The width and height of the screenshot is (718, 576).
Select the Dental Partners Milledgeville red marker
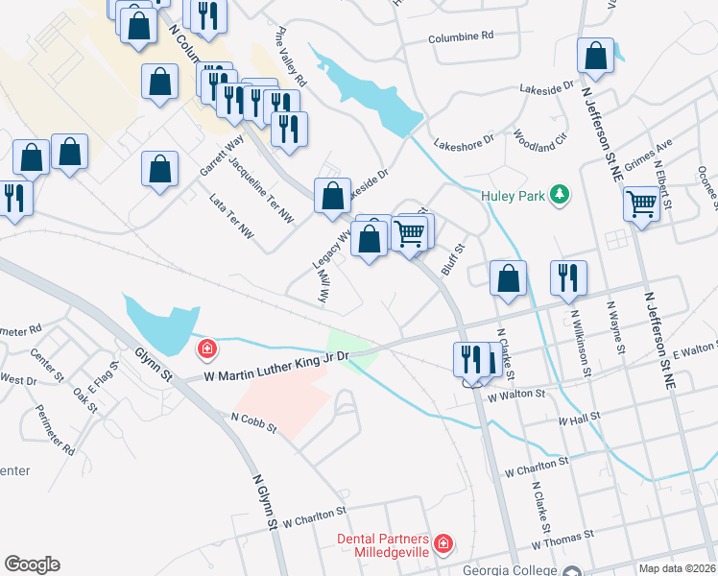click(x=443, y=545)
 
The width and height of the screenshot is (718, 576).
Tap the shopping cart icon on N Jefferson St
click(x=641, y=204)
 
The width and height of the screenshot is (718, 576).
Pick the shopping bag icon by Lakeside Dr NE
click(x=596, y=58)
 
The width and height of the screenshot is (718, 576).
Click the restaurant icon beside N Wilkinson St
click(x=568, y=277)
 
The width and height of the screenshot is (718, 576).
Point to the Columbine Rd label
click(x=461, y=35)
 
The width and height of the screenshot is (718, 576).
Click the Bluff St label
click(x=451, y=260)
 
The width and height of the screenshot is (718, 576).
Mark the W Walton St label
click(x=516, y=395)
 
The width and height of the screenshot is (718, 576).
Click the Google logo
click(x=32, y=564)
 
